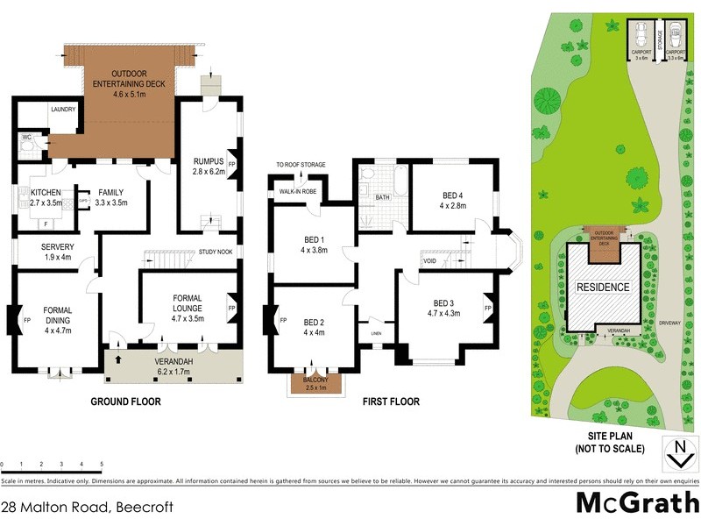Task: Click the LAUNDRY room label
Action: pyautogui.click(x=63, y=110)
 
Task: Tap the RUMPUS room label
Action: pyautogui.click(x=209, y=160)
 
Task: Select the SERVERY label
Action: pyautogui.click(x=58, y=246)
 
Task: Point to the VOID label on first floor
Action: pyautogui.click(x=429, y=260)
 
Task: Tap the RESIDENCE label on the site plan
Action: pyautogui.click(x=601, y=287)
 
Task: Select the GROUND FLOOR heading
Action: pyautogui.click(x=126, y=402)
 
